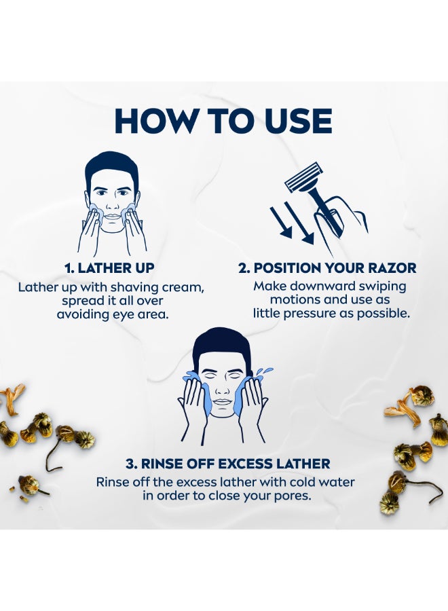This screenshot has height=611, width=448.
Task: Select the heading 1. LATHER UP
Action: pyautogui.click(x=109, y=268)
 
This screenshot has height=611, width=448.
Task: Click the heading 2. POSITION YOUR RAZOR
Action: pyautogui.click(x=327, y=268)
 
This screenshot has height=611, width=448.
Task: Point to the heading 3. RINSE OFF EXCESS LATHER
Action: pyautogui.click(x=228, y=464)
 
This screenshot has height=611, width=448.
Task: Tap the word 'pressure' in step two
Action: pyautogui.click(x=310, y=314)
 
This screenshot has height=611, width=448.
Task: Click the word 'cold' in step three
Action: pyautogui.click(x=294, y=482)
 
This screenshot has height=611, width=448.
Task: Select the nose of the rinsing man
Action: pyautogui.click(x=221, y=388)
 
